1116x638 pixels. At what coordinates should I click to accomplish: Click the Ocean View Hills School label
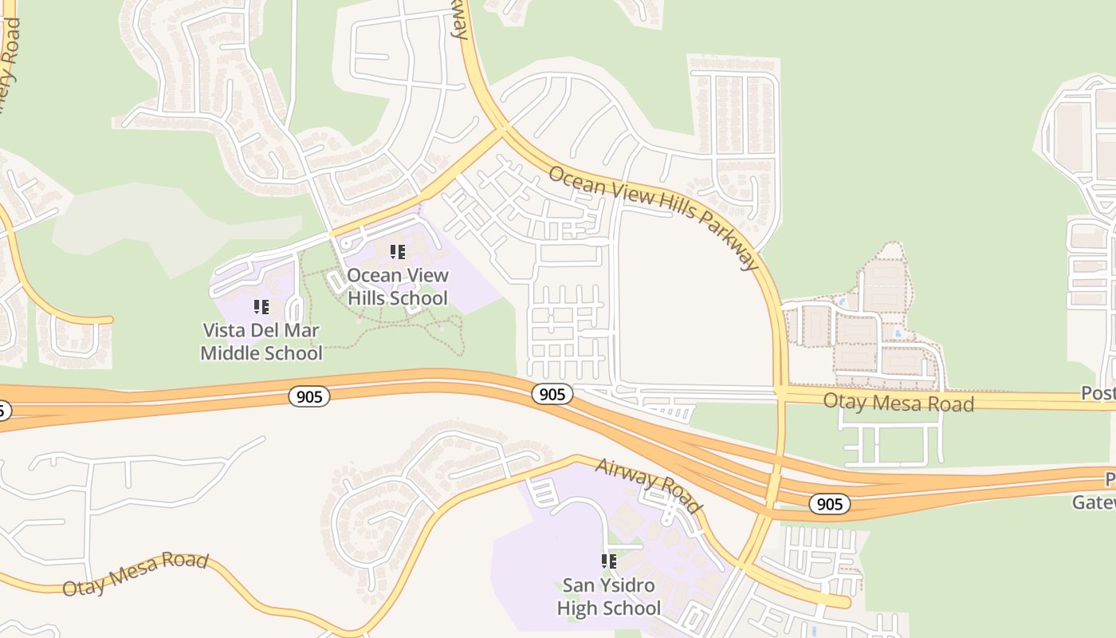point(397,286)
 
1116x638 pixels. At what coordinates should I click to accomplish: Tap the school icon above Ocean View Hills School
point(397,253)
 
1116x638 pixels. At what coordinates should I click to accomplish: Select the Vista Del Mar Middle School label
point(261,341)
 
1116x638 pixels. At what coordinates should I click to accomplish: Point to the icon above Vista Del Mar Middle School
point(261,307)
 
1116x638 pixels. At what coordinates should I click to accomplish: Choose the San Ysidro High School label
point(608,597)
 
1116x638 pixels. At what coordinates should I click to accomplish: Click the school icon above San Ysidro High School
point(609,561)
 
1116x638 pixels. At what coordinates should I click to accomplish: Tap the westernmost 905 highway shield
point(308,396)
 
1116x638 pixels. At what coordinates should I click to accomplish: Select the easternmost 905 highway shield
point(829,504)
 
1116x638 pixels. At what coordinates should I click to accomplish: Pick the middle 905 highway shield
point(552,394)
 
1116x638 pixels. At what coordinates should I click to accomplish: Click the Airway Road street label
point(648,485)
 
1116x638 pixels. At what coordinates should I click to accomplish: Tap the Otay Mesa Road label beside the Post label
point(898,402)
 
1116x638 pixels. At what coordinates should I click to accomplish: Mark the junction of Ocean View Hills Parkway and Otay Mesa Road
point(780,393)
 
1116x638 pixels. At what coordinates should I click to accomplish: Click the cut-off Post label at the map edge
point(1098,393)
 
